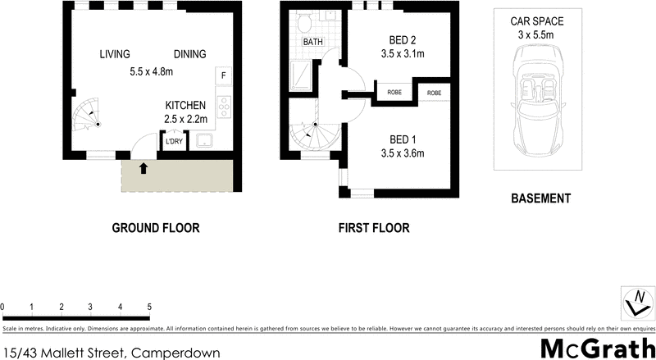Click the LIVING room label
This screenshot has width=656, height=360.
click(115, 54)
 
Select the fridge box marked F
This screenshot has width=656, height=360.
click(224, 76)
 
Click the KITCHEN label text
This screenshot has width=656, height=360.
click(185, 106)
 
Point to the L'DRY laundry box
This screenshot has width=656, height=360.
click(174, 142)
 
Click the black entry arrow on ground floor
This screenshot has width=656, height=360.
click(144, 169)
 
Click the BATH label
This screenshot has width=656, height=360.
click(313, 41)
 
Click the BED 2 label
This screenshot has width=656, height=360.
click(402, 39)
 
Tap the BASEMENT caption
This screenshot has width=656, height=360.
click(540, 198)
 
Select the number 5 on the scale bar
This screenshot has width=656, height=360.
click(149, 308)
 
